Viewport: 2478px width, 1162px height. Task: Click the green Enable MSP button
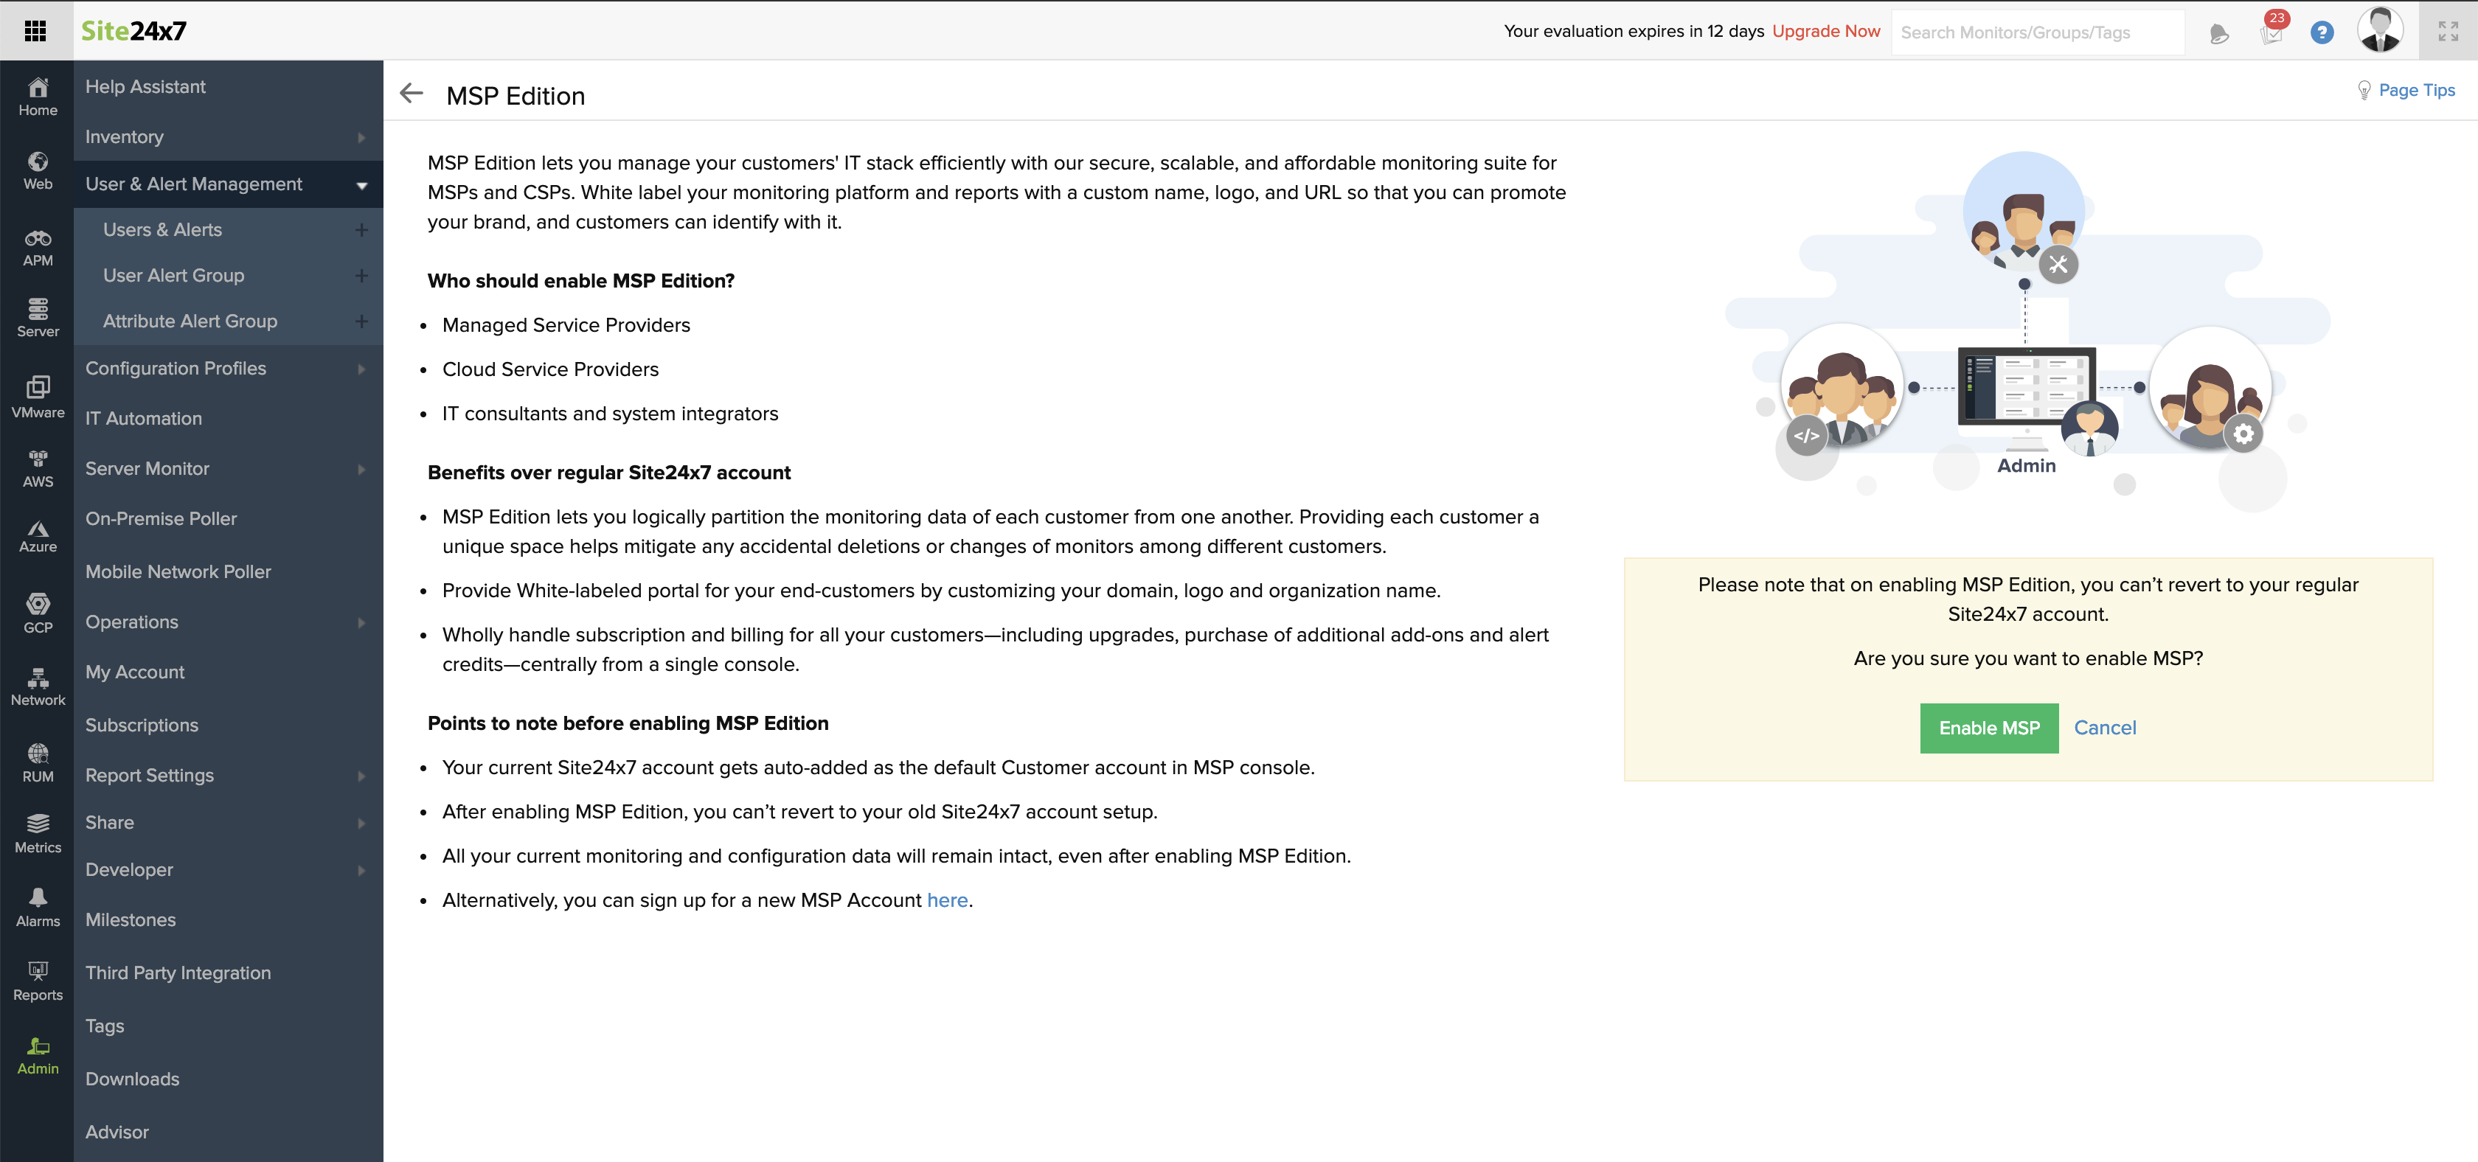1988,728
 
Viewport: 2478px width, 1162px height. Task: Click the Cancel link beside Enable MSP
2105,728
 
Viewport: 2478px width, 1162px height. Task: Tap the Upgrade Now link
1826,31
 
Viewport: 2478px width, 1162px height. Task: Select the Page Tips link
2415,91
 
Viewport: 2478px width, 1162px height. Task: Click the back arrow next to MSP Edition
412,94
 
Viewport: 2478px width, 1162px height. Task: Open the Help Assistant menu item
145,86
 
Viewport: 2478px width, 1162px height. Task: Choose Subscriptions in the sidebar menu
142,726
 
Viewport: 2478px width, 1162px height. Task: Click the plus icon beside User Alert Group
361,276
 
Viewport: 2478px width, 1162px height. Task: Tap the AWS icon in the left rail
38,468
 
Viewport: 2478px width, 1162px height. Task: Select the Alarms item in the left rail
38,907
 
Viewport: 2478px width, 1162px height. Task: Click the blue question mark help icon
2321,32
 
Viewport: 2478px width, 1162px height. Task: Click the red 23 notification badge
2276,19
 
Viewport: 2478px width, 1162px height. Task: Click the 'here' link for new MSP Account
946,900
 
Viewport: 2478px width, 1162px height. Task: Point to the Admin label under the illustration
2026,465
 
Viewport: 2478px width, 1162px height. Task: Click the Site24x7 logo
133,31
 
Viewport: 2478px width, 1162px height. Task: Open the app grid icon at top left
35,31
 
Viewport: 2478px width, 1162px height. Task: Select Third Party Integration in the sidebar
178,973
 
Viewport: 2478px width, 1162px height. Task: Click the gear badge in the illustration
2243,434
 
